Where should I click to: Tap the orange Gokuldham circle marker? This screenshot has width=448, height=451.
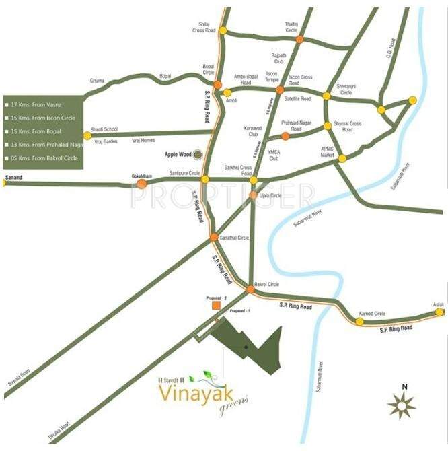141,182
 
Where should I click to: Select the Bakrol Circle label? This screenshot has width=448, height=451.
266,285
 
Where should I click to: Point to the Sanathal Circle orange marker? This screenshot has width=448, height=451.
213,237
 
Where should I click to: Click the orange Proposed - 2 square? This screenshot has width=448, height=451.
216,306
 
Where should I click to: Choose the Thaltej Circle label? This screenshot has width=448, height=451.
291,26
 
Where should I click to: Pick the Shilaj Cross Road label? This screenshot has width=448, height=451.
203,28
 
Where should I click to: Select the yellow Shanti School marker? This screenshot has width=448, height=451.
87,135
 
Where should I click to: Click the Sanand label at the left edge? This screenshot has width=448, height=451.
13,176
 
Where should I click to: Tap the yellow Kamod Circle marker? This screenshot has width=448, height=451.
359,322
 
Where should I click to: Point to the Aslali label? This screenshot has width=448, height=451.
439,305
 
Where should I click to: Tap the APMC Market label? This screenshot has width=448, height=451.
328,151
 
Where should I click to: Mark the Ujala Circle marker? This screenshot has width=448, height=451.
254,195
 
